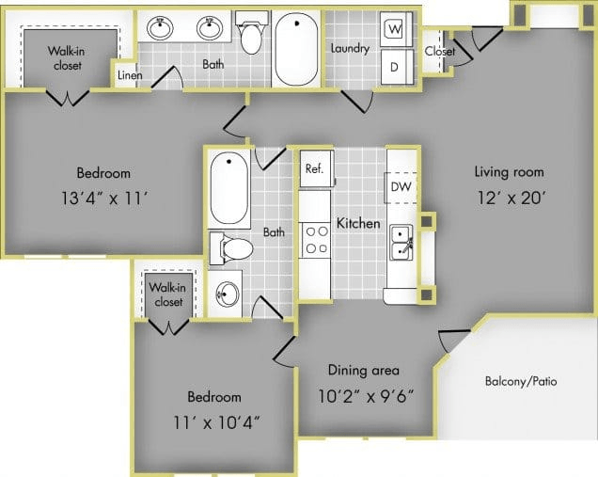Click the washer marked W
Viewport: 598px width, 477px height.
click(396, 29)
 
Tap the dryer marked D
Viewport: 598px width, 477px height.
click(397, 67)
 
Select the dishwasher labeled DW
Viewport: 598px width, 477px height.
click(401, 187)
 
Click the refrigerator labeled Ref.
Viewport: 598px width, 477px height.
click(317, 168)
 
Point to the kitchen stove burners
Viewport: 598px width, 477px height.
click(317, 240)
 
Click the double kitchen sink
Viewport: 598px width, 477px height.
click(401, 243)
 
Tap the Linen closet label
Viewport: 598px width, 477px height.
click(130, 75)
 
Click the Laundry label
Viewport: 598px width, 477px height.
click(350, 49)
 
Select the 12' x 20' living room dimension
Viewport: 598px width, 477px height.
click(511, 199)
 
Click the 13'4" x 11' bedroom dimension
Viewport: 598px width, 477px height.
click(104, 199)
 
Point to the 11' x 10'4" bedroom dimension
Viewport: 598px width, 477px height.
click(216, 422)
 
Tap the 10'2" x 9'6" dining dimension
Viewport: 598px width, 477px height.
click(366, 396)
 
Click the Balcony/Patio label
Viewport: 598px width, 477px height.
click(521, 381)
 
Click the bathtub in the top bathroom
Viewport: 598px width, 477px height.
click(296, 48)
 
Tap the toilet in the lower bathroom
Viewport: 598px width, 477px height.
click(231, 248)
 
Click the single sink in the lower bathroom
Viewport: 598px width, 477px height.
click(227, 294)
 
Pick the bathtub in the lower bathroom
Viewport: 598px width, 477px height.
click(228, 188)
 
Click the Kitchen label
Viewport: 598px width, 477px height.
click(358, 223)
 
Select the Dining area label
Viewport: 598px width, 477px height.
click(364, 370)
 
